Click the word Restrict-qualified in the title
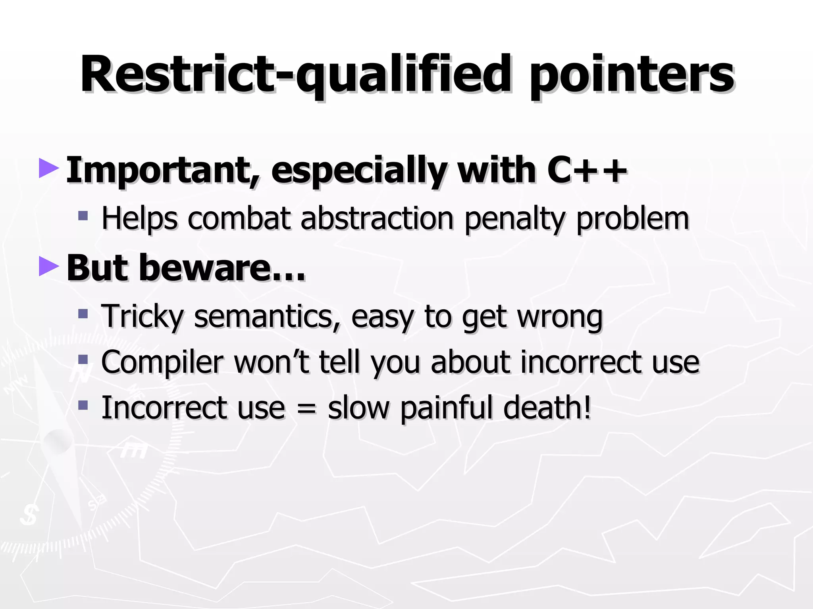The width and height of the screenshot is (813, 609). pyautogui.click(x=295, y=75)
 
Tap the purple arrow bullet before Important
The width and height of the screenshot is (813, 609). pyautogui.click(x=49, y=168)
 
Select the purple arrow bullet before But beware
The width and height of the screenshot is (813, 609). pyautogui.click(x=49, y=266)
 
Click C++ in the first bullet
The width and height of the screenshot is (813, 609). pyautogui.click(x=587, y=170)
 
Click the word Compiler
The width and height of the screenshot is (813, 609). pyautogui.click(x=162, y=363)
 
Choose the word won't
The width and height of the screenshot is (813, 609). pyautogui.click(x=272, y=362)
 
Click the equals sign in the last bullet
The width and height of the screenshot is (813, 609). pyautogui.click(x=306, y=409)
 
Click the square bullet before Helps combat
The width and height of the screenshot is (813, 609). pyautogui.click(x=83, y=216)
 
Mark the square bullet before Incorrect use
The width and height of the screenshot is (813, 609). pyautogui.click(x=83, y=405)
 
